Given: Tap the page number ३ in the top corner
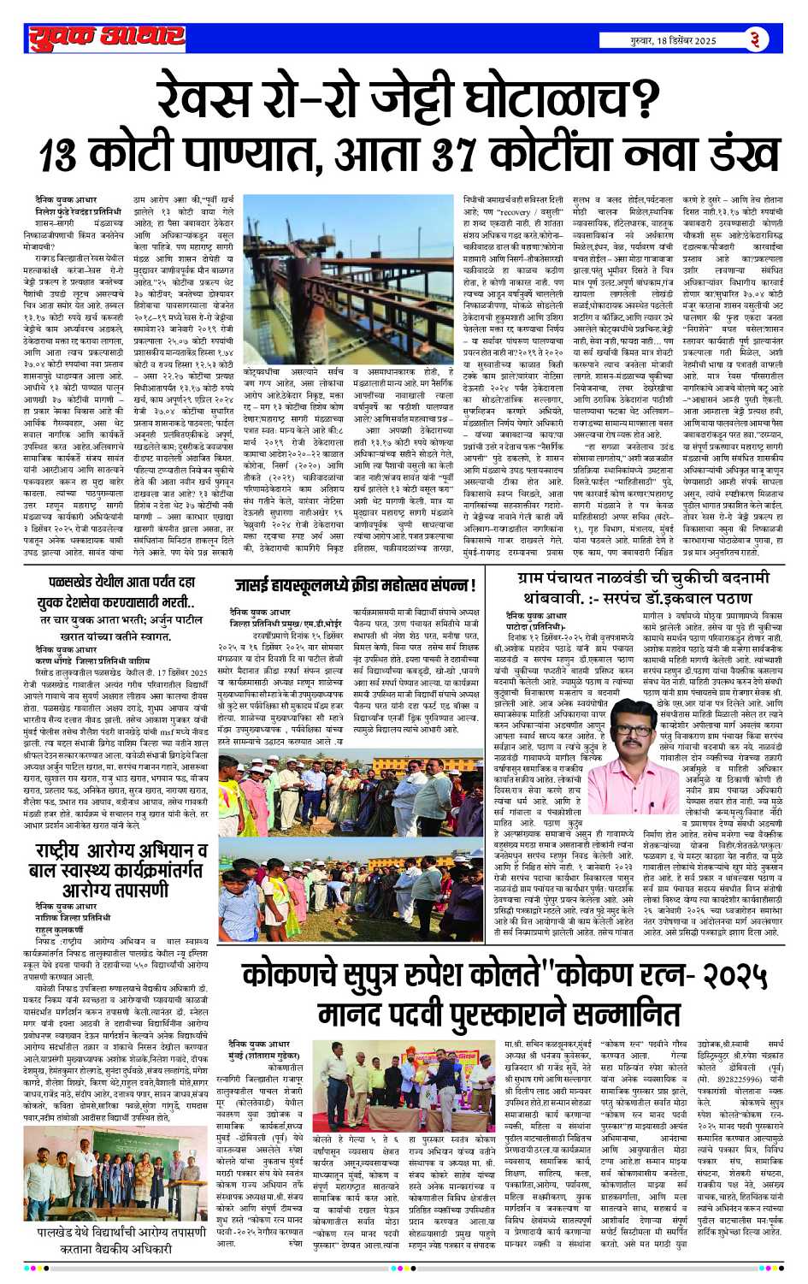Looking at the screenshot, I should click(756, 39).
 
